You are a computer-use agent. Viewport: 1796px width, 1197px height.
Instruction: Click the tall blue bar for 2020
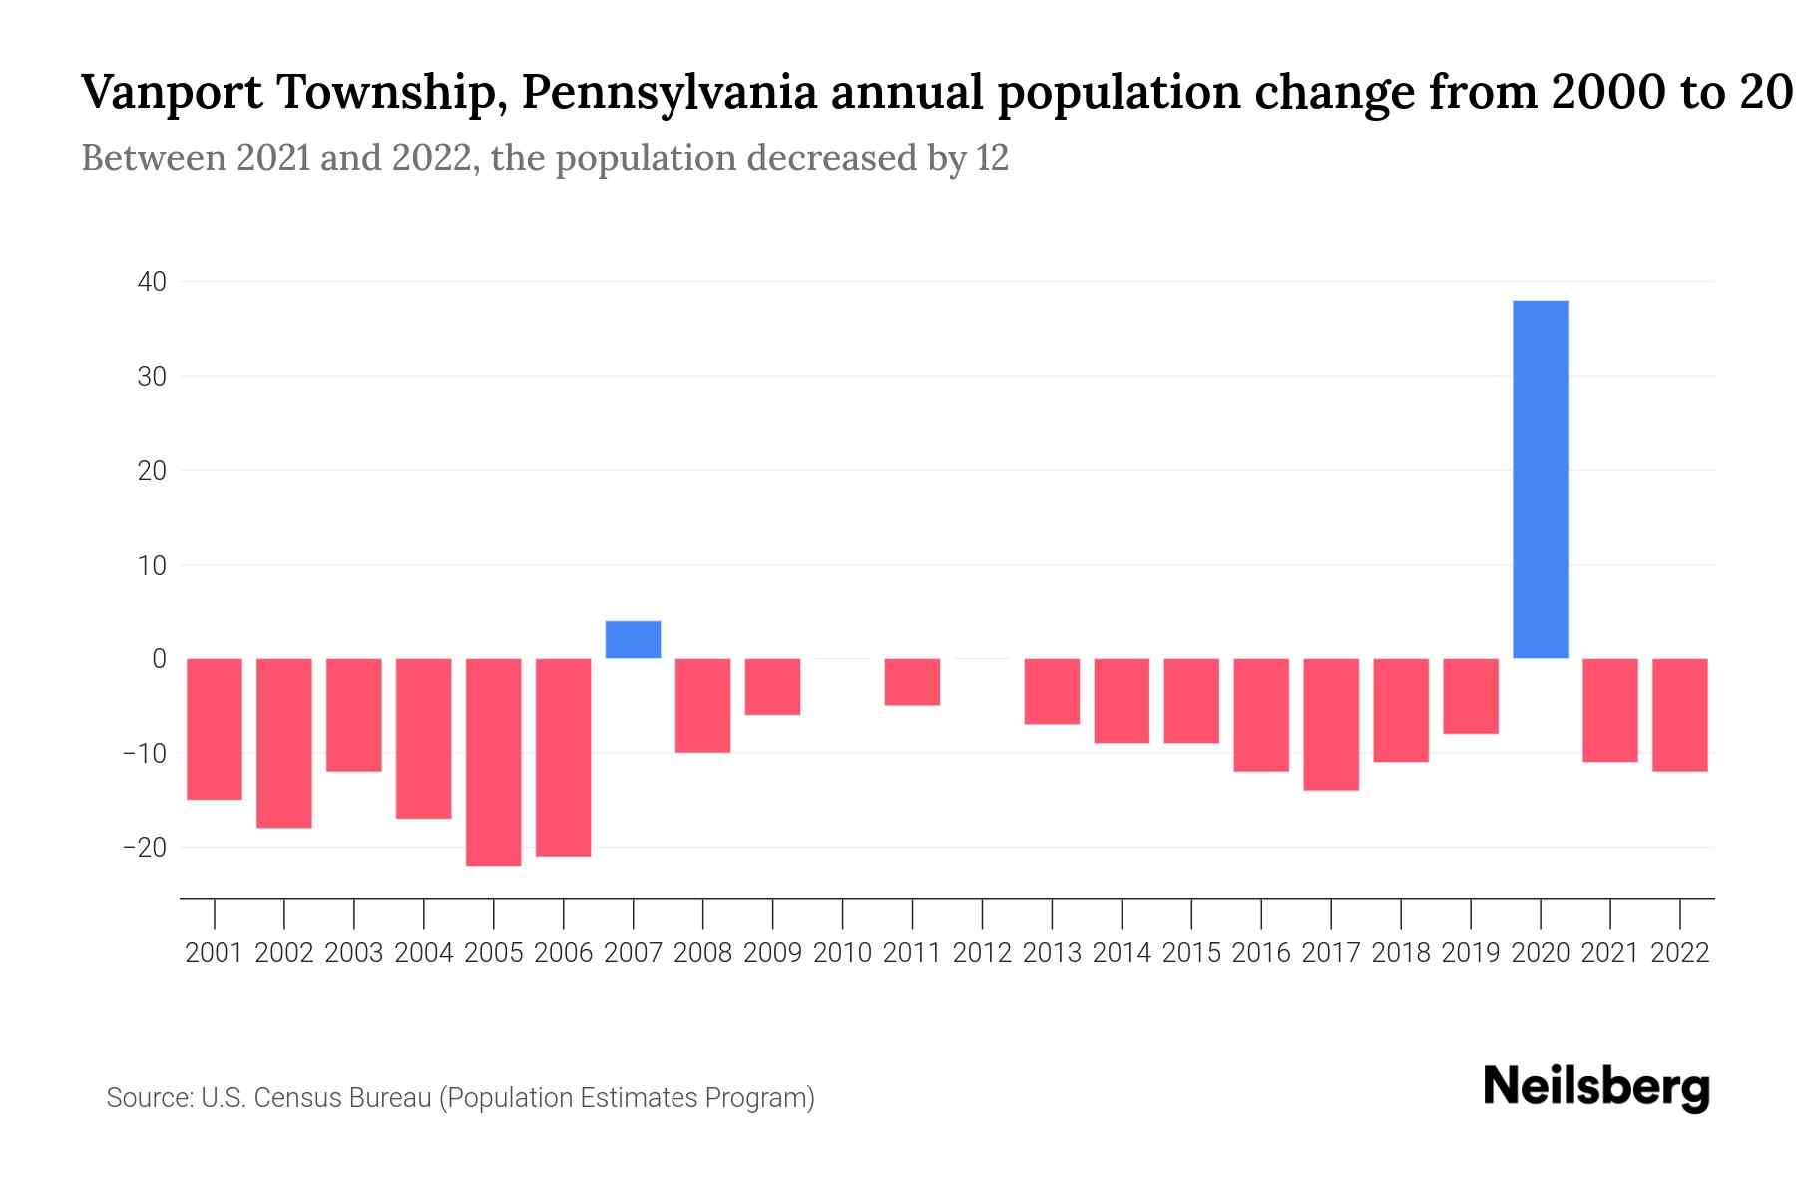(1540, 479)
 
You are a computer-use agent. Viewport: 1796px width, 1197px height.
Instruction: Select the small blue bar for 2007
(633, 639)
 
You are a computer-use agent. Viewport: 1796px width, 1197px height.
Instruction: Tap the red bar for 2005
(493, 762)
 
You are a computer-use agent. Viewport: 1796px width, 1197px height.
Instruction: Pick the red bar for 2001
(215, 729)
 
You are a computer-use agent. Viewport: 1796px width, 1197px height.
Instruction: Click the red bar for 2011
(912, 682)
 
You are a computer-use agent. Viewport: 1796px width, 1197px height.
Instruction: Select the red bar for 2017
(1330, 724)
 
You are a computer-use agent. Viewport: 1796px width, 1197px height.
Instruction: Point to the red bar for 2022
(1679, 715)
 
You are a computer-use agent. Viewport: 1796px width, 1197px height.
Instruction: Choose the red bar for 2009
(772, 687)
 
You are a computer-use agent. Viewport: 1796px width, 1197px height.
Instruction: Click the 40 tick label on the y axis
(152, 282)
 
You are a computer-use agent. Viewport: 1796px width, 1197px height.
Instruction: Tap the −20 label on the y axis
(144, 847)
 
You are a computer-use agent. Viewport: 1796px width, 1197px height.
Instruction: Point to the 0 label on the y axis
(159, 658)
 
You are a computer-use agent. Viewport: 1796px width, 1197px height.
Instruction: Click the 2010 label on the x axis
(842, 953)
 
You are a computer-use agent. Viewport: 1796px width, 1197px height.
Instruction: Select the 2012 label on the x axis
(982, 953)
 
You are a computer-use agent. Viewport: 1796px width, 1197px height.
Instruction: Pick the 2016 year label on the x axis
(1261, 953)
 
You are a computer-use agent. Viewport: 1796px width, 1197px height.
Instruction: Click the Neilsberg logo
(1596, 1087)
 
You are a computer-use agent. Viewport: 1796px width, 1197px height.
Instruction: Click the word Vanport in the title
(171, 93)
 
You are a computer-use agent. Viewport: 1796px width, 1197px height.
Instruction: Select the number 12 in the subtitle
(992, 158)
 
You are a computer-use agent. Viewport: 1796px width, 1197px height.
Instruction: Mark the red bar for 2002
(284, 743)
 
